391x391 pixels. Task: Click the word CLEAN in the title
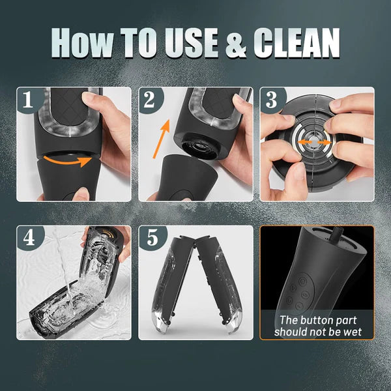coord(297,42)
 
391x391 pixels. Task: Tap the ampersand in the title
coord(236,43)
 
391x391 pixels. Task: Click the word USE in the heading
coord(191,42)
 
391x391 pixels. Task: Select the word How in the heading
coord(83,42)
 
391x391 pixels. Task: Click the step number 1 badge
coord(28,100)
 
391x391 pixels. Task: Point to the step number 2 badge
coord(149,100)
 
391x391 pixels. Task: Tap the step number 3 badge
coord(271,100)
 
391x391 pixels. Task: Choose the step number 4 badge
coord(29,238)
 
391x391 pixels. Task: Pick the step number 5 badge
coord(151,238)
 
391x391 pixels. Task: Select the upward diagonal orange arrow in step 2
coord(161,139)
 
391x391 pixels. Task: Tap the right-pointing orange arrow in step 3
coord(325,142)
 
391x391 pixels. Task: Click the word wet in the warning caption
coord(351,332)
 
